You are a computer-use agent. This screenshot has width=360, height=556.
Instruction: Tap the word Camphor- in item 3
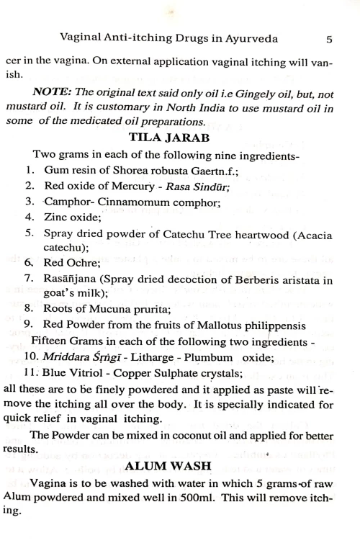68,204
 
